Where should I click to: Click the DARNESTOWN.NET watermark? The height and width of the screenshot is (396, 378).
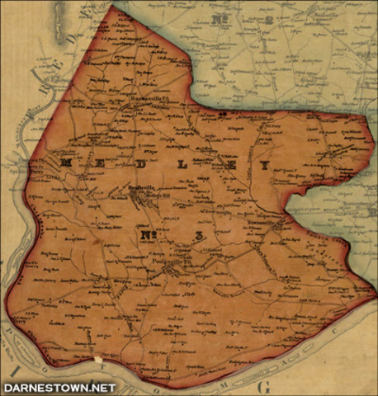[x=59, y=387]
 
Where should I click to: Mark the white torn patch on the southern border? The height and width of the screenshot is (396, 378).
[x=98, y=361]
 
